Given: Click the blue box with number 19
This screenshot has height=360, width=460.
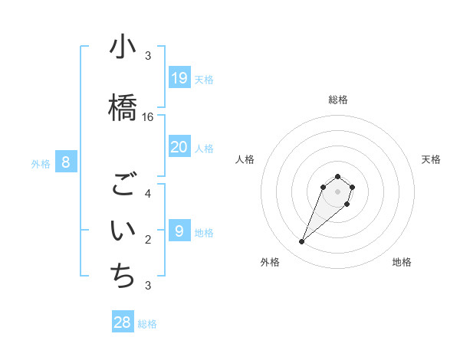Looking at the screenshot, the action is click(x=179, y=77).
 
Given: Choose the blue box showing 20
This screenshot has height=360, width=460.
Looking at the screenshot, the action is click(x=179, y=147).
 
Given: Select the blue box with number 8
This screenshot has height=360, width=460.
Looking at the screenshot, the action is click(x=66, y=162).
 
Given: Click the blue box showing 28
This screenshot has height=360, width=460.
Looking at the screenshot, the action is click(x=123, y=322).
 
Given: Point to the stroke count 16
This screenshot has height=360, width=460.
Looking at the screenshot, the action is click(x=148, y=117).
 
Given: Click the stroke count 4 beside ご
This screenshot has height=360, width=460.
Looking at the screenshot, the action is click(x=148, y=194).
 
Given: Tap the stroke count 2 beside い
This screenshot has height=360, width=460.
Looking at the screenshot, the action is click(x=148, y=240).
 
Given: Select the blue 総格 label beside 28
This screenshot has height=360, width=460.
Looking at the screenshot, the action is click(x=147, y=324).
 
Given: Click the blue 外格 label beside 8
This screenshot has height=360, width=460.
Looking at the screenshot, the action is click(x=41, y=163).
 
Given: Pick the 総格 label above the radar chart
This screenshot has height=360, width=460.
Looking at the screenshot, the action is click(x=338, y=100).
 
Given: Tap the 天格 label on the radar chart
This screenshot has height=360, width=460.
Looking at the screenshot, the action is click(x=431, y=159).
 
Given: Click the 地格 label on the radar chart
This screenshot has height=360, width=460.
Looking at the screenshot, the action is click(x=402, y=262).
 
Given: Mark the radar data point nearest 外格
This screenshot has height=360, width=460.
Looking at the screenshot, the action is click(x=302, y=242).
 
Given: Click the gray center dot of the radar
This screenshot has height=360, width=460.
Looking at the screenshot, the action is click(x=338, y=191).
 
